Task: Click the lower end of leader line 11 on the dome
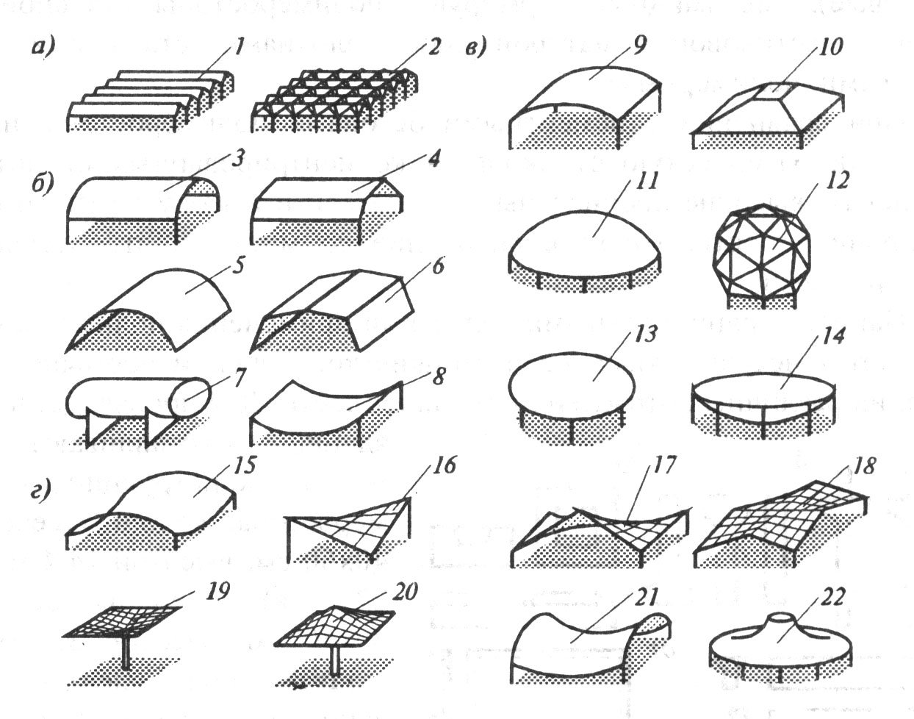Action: (594, 236)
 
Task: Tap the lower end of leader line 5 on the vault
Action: (186, 293)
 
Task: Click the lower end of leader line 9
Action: (589, 78)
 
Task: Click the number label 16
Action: (444, 465)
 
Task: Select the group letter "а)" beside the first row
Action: (43, 48)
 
